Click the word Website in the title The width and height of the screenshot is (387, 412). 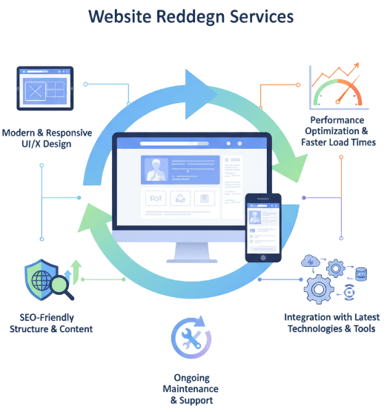(x=120, y=15)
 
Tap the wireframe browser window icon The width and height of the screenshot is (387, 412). (x=45, y=90)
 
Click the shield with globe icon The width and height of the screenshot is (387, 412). (x=42, y=280)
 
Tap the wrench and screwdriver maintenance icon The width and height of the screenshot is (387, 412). (x=190, y=339)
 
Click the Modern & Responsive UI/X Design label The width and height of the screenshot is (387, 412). (x=47, y=138)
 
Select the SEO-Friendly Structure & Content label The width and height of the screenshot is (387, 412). (x=51, y=323)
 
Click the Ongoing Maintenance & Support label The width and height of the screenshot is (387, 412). (x=191, y=389)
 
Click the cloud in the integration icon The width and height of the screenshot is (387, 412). (x=309, y=261)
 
